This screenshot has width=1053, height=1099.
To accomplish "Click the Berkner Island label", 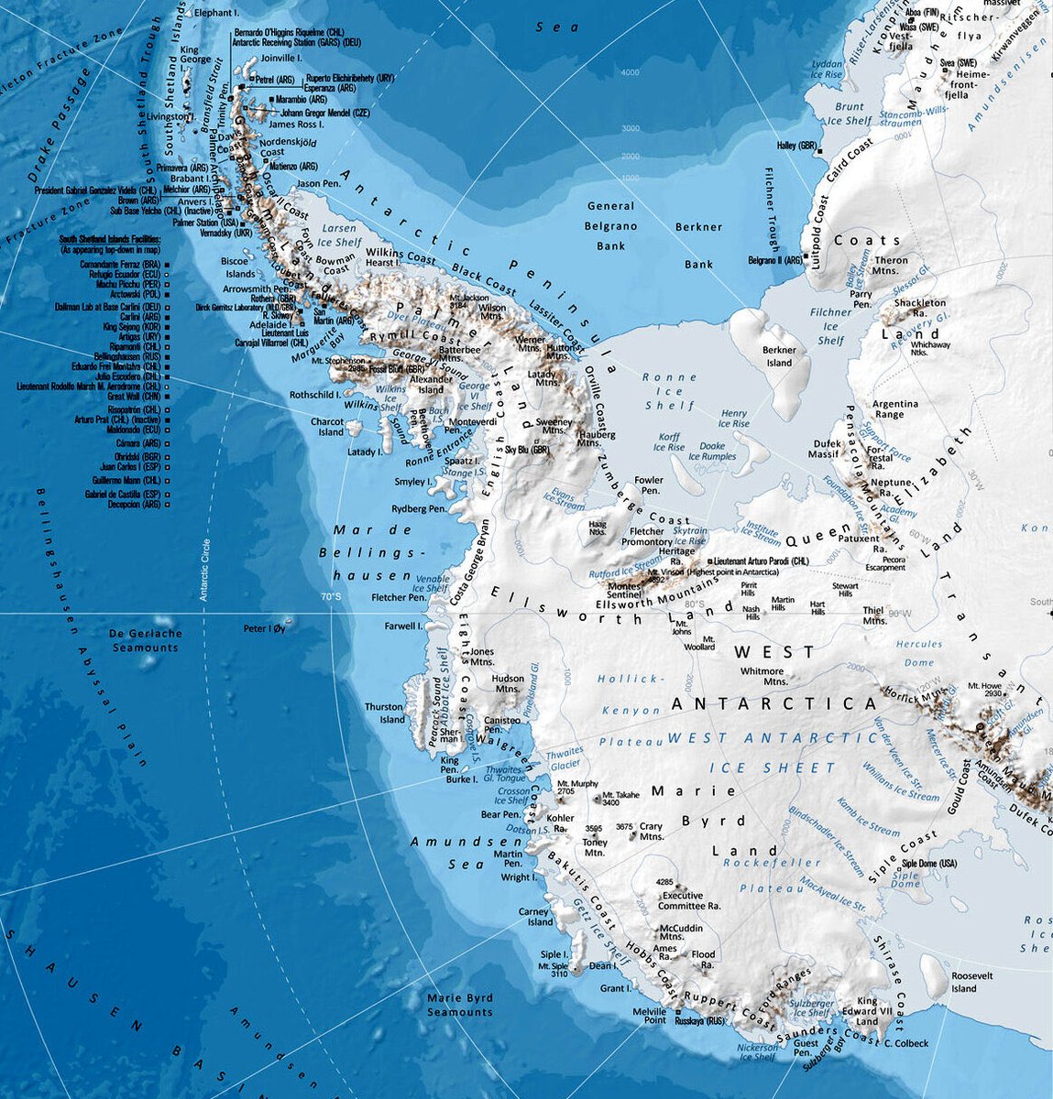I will point(779,356).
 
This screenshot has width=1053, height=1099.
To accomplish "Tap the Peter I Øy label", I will point(264,629).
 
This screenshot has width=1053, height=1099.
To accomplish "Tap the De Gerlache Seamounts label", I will point(145,640).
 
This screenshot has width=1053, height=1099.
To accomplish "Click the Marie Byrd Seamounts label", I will point(460,1005).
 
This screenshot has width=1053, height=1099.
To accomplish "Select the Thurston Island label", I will point(384,713).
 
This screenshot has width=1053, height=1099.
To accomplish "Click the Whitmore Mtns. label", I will point(762,676).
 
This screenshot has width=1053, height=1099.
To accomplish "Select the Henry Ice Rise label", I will point(734,419).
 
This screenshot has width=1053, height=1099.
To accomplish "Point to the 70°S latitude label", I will point(330,597).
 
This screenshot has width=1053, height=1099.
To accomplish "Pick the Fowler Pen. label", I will point(649,485).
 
